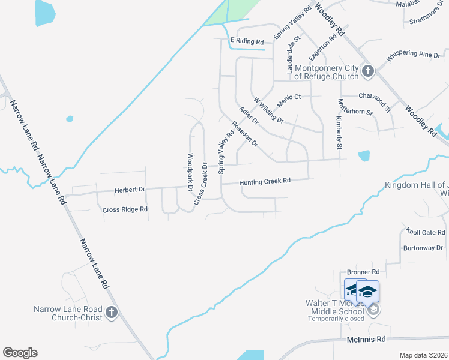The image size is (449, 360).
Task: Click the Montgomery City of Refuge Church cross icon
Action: click(368, 72)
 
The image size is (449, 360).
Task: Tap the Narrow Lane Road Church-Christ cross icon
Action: click(112, 312)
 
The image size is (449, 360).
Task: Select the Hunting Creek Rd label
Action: click(265, 181)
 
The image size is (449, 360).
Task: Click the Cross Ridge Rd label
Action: click(125, 209)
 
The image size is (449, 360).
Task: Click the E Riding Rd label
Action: click(247, 41)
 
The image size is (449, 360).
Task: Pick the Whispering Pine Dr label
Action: click(414, 55)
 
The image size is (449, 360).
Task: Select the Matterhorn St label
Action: click(355, 107)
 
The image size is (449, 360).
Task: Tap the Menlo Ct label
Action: click(288, 97)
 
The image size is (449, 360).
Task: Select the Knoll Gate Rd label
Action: click(425, 232)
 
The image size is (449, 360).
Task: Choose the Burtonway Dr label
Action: click(423, 247)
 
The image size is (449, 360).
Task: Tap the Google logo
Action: click(20, 353)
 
